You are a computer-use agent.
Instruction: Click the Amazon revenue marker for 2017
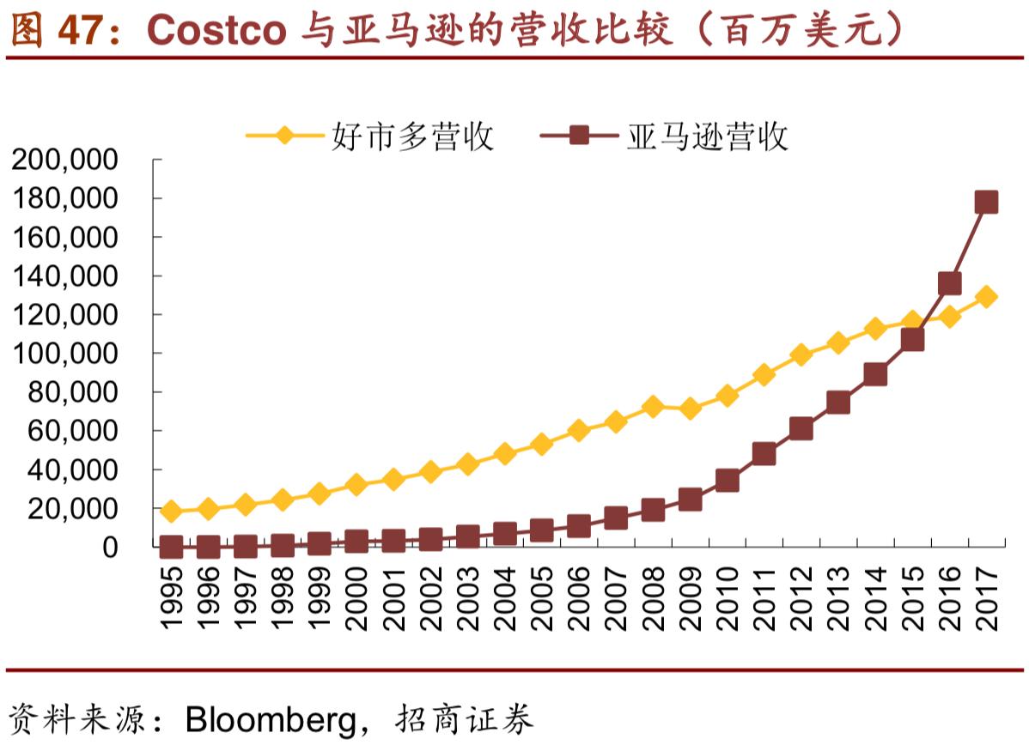click(986, 203)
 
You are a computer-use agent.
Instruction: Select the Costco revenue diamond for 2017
click(986, 297)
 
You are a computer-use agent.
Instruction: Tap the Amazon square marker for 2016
click(949, 283)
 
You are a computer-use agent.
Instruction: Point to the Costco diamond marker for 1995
click(171, 512)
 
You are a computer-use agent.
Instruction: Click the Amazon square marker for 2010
click(727, 481)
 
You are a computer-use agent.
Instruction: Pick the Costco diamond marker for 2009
click(690, 409)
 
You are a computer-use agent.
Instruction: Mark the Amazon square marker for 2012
click(801, 429)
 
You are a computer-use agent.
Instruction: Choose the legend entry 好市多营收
click(412, 136)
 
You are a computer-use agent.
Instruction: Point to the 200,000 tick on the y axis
click(64, 160)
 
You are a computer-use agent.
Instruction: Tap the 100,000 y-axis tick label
click(64, 354)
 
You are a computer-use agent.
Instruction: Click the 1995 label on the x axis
click(171, 599)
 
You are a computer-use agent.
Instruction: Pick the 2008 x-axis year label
click(653, 599)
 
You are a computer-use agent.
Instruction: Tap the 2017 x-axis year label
click(986, 599)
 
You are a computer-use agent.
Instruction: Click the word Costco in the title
click(216, 31)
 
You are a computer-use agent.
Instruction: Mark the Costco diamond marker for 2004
click(505, 454)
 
